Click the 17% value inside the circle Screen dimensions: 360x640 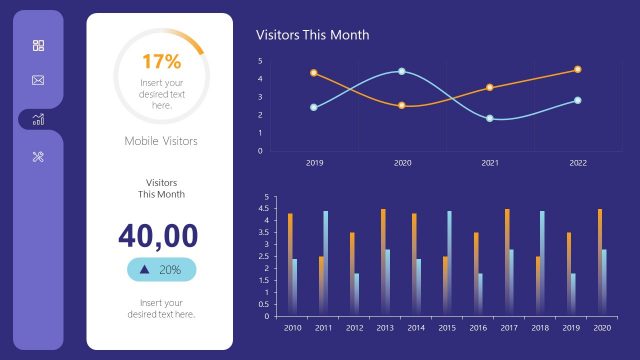[x=161, y=62]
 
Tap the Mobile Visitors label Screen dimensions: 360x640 [x=161, y=141]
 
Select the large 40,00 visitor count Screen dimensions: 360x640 [x=161, y=234]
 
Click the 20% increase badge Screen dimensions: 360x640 [x=161, y=269]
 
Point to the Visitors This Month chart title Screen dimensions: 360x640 [x=313, y=35]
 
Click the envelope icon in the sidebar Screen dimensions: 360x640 [x=38, y=80]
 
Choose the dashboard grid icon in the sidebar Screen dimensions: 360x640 [x=38, y=45]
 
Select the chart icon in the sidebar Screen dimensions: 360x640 [x=38, y=119]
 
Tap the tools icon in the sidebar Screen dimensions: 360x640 [x=38, y=156]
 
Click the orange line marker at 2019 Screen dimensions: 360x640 [x=314, y=73]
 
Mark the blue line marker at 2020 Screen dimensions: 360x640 [x=402, y=71]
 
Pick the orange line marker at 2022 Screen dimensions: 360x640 [x=577, y=69]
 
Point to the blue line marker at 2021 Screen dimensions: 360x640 [x=490, y=118]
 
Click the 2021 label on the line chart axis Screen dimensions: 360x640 [x=490, y=162]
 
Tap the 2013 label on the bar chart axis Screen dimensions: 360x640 [x=385, y=327]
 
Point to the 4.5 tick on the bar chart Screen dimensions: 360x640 [x=265, y=209]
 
